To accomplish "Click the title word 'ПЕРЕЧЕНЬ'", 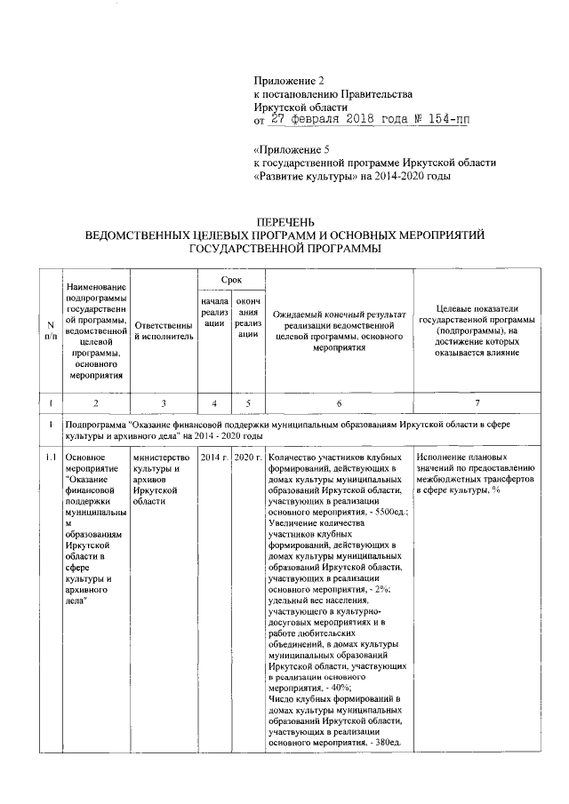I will (284, 222).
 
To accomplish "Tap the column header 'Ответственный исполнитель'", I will (164, 338).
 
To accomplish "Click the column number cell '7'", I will (477, 403).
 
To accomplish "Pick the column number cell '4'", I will (214, 403).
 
